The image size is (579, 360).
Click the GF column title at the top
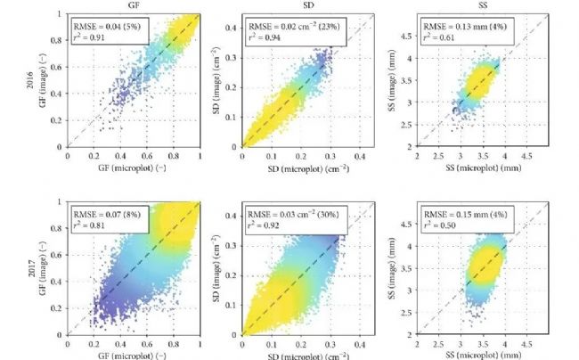coord(134,4)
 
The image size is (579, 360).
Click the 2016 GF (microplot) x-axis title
coord(134,168)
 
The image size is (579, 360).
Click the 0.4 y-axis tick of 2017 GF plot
coord(58,281)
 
